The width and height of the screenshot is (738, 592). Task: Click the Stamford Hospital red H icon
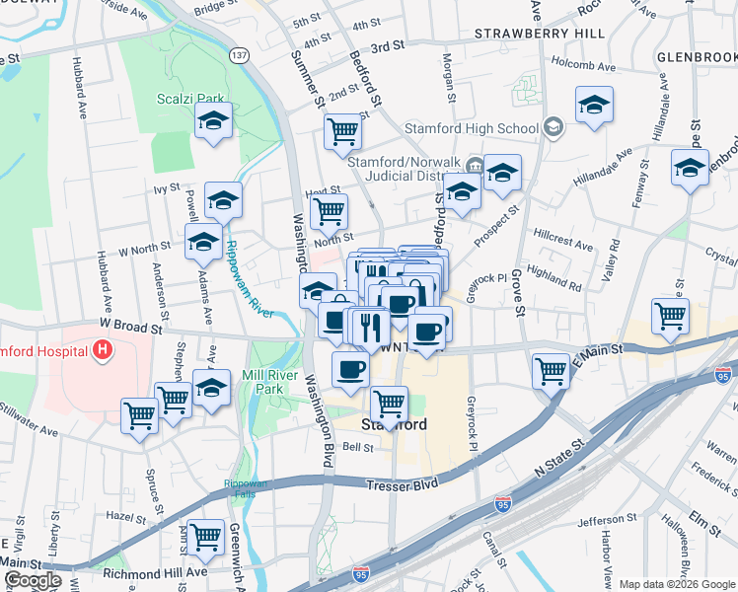pos(102,349)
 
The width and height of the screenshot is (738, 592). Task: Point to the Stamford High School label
pos(472,128)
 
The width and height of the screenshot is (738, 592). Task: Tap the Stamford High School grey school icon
pos(553,127)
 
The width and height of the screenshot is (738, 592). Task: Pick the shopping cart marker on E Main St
pos(551,371)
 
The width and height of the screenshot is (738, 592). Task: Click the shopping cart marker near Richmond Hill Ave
pos(205,537)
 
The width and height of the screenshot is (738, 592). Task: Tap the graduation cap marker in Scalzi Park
pos(212,121)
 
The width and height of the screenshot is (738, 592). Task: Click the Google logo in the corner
pos(33,580)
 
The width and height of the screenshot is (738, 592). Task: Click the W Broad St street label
pos(129,325)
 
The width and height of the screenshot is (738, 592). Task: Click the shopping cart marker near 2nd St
pos(342,129)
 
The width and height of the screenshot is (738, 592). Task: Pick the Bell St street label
pos(356,447)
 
